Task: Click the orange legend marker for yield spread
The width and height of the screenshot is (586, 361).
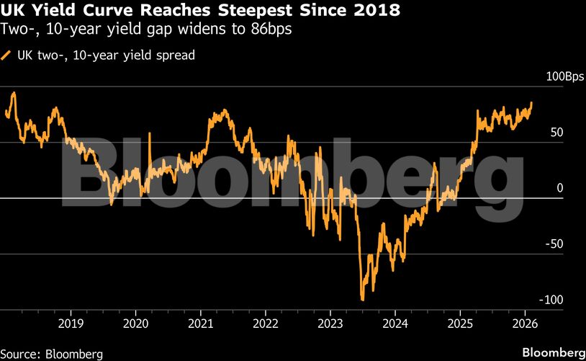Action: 7,55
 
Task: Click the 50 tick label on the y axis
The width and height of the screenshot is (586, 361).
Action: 557,133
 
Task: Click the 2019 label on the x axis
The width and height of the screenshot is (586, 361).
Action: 71,322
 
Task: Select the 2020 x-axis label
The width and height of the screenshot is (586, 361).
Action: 135,322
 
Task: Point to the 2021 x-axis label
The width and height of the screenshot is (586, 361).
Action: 201,322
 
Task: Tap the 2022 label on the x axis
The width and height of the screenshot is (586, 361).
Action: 266,322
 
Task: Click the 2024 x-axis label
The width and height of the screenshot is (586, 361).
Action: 395,322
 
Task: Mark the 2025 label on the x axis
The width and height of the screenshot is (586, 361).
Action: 461,322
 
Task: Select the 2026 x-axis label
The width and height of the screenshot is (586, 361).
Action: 526,322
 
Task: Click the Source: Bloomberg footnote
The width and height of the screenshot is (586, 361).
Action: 52,354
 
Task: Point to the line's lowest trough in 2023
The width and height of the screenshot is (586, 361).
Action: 362,300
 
